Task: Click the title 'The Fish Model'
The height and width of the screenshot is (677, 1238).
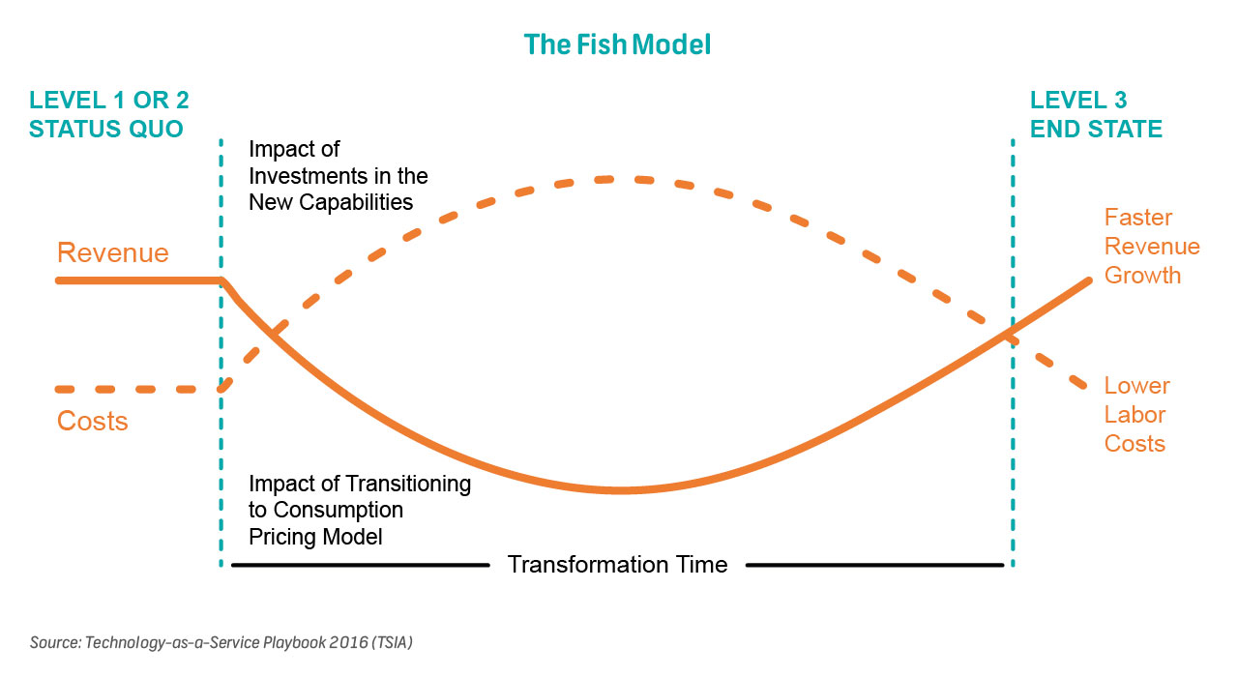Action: coord(617,44)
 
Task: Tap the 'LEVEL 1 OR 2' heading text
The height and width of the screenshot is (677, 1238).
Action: coord(109,100)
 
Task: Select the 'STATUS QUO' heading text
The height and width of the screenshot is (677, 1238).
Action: coord(105,129)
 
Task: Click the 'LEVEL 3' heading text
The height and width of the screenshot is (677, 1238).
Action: coord(1078,100)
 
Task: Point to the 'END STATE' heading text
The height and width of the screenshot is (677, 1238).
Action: coord(1096,129)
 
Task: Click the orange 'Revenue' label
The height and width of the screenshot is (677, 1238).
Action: coord(113,252)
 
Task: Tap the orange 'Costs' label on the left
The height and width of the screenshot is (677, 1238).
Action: coord(92,421)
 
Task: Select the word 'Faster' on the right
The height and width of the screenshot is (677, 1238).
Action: coord(1138,218)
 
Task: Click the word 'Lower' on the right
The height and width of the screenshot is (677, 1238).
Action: coord(1136,386)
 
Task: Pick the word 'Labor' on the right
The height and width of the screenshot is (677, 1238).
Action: coord(1135,415)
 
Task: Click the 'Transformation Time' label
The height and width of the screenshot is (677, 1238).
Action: coord(617,565)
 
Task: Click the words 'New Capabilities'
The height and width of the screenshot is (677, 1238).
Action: coord(331,202)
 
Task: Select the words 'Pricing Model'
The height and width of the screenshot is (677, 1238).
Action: coord(315,537)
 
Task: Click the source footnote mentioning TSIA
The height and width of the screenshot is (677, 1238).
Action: coord(221,642)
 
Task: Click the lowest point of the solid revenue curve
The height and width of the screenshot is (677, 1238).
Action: coord(619,490)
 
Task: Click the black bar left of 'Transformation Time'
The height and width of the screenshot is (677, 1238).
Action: coord(361,565)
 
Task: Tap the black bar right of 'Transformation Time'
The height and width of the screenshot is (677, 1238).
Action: coord(874,565)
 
